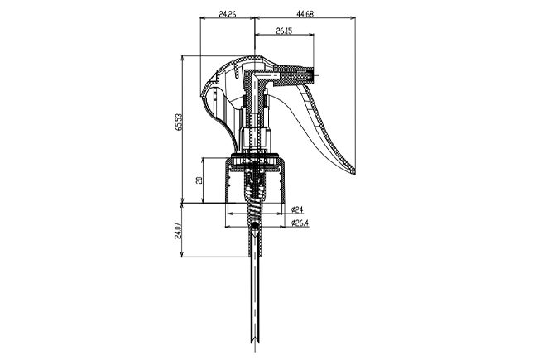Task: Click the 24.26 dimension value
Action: coord(227,14)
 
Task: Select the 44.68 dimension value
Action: coord(305,14)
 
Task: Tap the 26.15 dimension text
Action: coord(284,31)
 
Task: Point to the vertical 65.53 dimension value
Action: coord(178,122)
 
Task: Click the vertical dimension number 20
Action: coord(199,180)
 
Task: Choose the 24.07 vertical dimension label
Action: coord(178,231)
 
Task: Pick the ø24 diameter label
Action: coord(297,209)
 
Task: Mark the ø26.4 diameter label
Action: coord(300,223)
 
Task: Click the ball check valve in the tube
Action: coord(255,225)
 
